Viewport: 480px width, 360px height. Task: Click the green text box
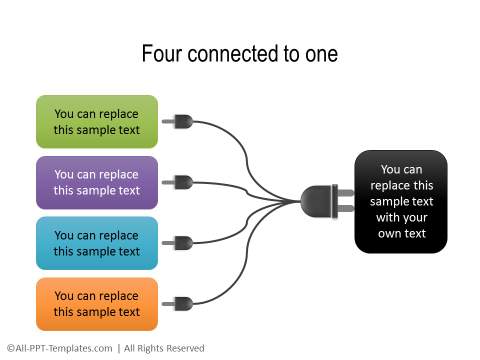97,122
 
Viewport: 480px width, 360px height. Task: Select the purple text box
97,182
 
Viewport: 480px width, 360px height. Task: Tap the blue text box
97,243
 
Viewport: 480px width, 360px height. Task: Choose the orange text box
97,304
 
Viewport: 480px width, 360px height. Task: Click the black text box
401,201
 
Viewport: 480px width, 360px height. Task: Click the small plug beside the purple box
181,183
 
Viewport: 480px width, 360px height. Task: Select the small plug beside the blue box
181,243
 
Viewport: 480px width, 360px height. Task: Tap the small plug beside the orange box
181,304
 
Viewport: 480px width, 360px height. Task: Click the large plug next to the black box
329,201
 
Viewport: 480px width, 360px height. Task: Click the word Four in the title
160,54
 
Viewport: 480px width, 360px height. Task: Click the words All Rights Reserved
165,348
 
